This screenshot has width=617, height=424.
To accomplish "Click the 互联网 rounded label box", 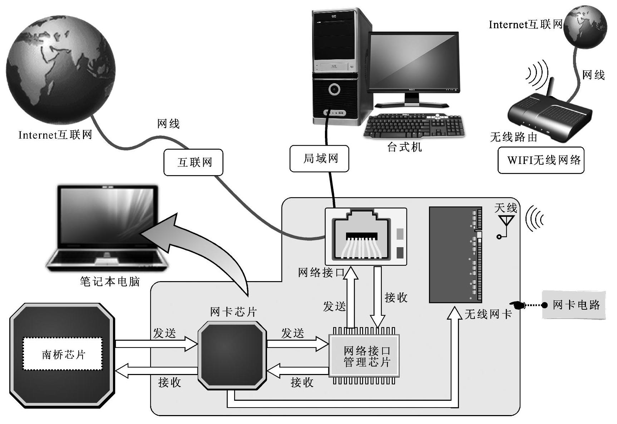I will tap(193, 163).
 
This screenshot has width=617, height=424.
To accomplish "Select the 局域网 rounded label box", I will tap(319, 159).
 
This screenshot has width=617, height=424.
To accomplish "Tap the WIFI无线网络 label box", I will tap(541, 160).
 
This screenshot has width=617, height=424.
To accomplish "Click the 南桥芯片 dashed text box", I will tap(63, 354).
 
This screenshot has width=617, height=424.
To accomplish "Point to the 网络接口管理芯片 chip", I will tap(364, 356).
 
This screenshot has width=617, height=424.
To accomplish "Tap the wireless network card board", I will tap(455, 254).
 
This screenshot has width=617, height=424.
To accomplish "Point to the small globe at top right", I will tap(585, 27).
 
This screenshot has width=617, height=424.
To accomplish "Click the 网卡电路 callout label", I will tap(574, 305).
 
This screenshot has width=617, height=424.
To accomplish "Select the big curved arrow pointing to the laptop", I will tap(200, 250).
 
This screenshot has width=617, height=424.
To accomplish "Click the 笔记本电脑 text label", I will tap(109, 282).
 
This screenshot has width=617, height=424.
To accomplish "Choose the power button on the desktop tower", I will tap(334, 89).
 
